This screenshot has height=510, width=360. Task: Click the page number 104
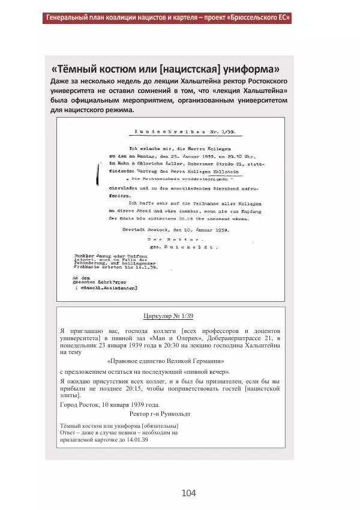188,493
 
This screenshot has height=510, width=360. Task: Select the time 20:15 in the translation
142,388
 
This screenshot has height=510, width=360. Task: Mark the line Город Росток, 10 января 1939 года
110,405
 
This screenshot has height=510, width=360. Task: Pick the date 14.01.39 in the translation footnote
134,440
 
